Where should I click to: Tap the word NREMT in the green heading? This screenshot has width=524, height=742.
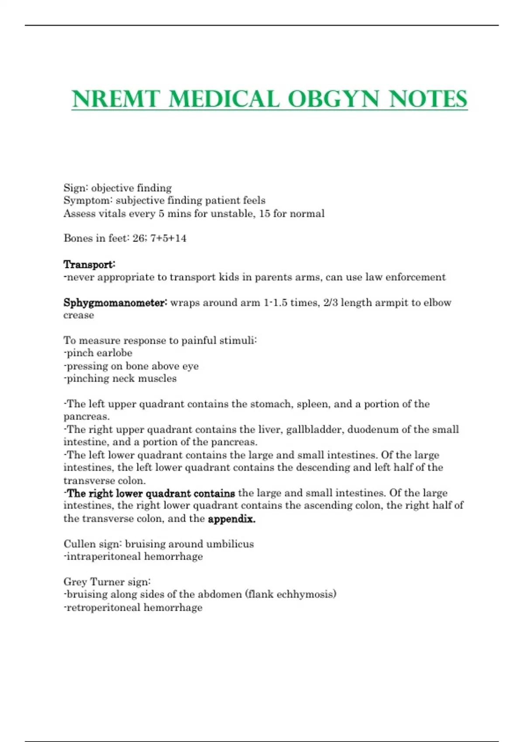point(116,99)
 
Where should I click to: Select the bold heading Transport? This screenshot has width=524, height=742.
point(90,265)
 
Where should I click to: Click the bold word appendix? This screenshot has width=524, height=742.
point(231,519)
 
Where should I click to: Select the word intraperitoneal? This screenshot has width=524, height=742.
point(97,556)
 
